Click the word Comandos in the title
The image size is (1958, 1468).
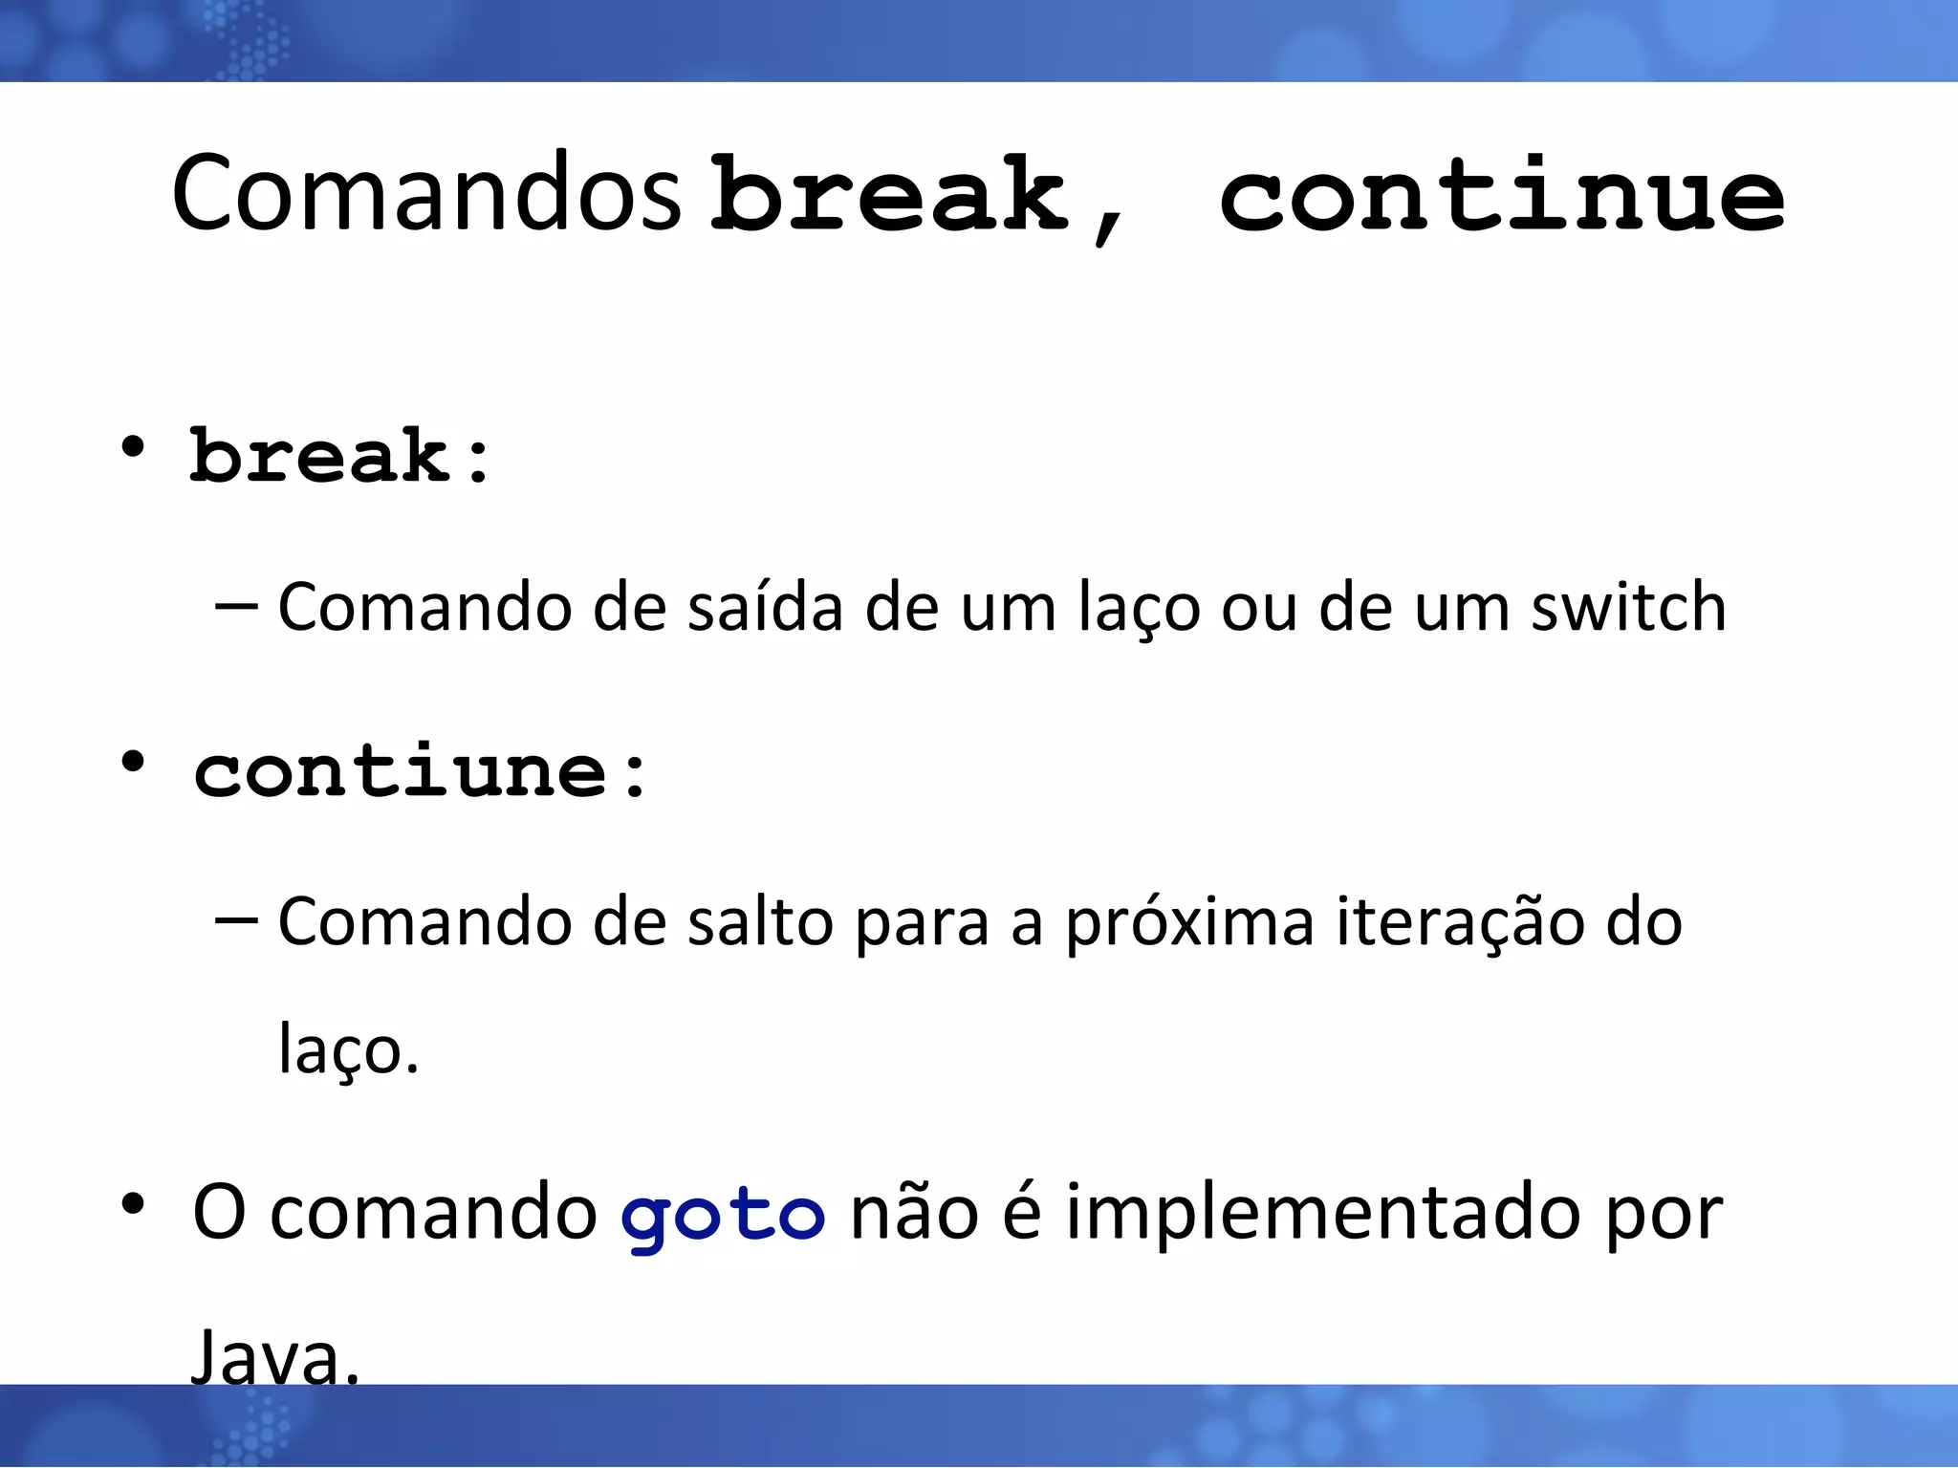coord(426,194)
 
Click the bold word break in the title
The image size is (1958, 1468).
coord(889,194)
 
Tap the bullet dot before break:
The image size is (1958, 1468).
coord(133,447)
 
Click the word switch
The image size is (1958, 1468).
coord(1628,607)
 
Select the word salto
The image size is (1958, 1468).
coord(760,923)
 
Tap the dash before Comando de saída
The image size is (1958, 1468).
coord(236,606)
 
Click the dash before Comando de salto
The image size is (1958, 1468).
coord(236,920)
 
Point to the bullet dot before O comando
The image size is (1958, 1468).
coord(133,1204)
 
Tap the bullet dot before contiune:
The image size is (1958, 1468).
coord(133,763)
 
